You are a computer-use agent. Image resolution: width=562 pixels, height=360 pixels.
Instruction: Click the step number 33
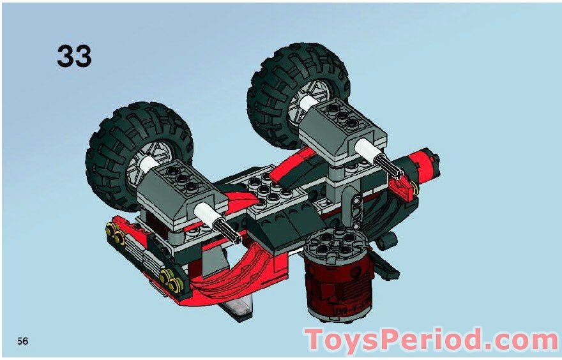74,56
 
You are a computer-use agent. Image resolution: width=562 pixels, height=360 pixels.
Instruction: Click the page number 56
23,341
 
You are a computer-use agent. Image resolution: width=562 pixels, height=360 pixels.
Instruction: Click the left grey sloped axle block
179,191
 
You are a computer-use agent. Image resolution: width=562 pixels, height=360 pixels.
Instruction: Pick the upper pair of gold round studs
118,237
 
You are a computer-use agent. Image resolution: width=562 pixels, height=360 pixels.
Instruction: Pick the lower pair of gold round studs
169,276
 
